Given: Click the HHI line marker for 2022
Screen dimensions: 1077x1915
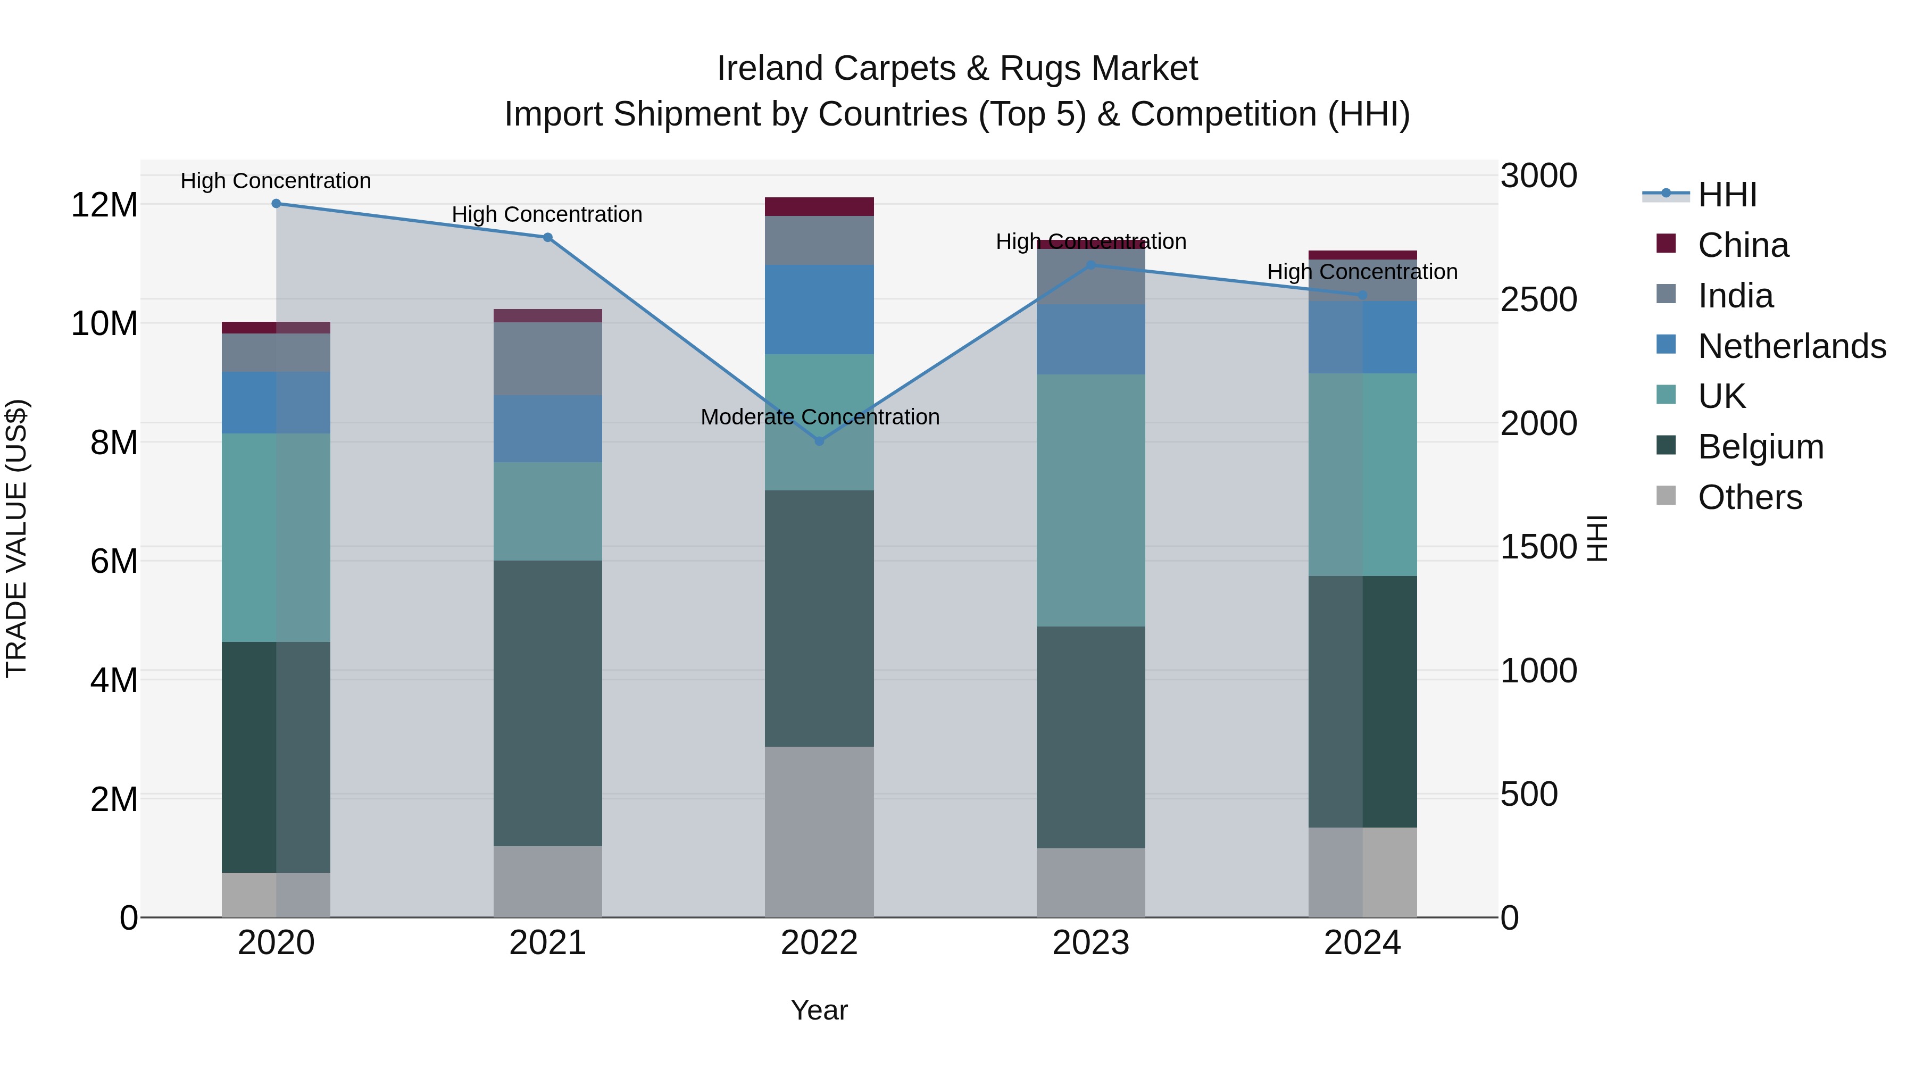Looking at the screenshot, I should (819, 441).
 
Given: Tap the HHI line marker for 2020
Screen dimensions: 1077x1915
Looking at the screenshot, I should (276, 204).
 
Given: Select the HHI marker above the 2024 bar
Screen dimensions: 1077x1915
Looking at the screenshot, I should (1362, 295).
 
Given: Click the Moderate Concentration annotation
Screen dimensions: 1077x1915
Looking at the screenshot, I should (819, 417).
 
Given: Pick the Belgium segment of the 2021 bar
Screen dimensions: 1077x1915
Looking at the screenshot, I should (547, 703).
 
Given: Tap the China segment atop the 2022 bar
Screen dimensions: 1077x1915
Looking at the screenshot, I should (819, 207).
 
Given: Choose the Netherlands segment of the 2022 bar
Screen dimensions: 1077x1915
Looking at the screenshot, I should (819, 309).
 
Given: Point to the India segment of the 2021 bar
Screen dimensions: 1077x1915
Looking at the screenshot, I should (547, 358).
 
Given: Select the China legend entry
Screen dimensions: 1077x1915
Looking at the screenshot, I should (1743, 245).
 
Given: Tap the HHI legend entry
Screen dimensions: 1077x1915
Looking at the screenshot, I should (1727, 195).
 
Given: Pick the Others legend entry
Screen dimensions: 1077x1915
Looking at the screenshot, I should (1749, 497).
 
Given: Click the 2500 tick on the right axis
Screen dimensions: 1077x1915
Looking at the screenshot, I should (1538, 299).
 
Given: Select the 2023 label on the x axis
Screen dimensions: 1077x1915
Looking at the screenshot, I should (1090, 943).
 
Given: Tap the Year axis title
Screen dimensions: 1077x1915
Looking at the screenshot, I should (819, 1010).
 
